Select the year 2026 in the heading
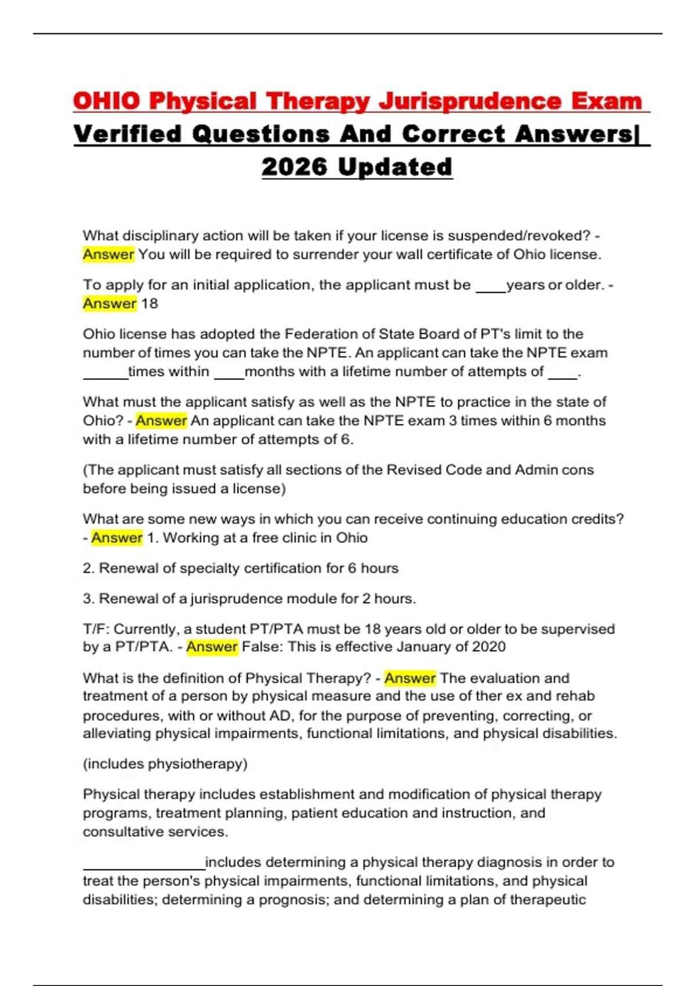tap(294, 167)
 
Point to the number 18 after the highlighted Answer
tap(149, 303)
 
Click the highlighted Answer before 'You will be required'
tap(108, 255)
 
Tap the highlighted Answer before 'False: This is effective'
tap(212, 647)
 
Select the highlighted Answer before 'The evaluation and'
tap(409, 678)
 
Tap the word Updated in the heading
tap(394, 167)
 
